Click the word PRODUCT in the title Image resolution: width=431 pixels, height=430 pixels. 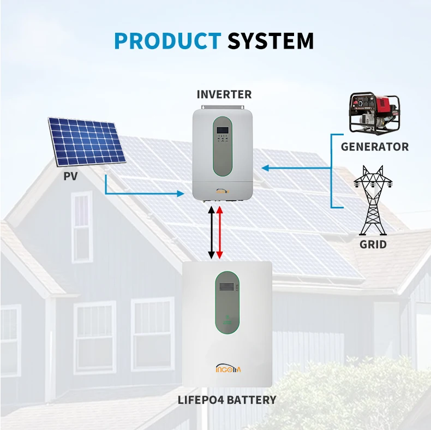tap(167, 41)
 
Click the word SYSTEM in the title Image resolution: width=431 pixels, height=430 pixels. tap(271, 41)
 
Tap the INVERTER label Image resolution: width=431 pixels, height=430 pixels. tap(224, 94)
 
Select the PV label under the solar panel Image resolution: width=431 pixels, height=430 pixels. tap(71, 176)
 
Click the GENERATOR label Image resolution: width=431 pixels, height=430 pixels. tap(375, 146)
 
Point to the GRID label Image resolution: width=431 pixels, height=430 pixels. tap(373, 244)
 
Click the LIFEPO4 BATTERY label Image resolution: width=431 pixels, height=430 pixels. tap(227, 400)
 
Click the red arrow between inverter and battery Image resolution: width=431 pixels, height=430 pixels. tap(219, 232)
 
